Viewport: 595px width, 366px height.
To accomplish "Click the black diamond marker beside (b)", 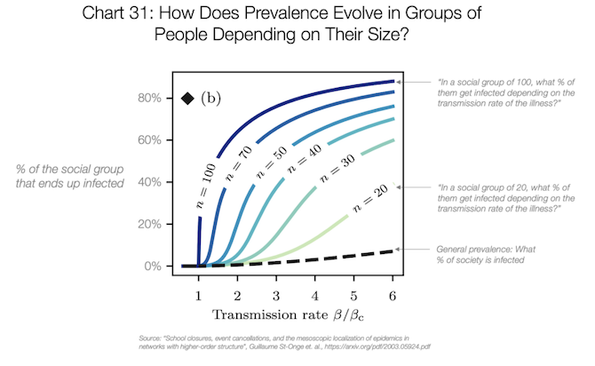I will tap(187, 98).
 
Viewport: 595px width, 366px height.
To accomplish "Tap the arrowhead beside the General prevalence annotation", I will tap(399, 250).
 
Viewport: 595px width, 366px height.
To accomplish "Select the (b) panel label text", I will tap(210, 98).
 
